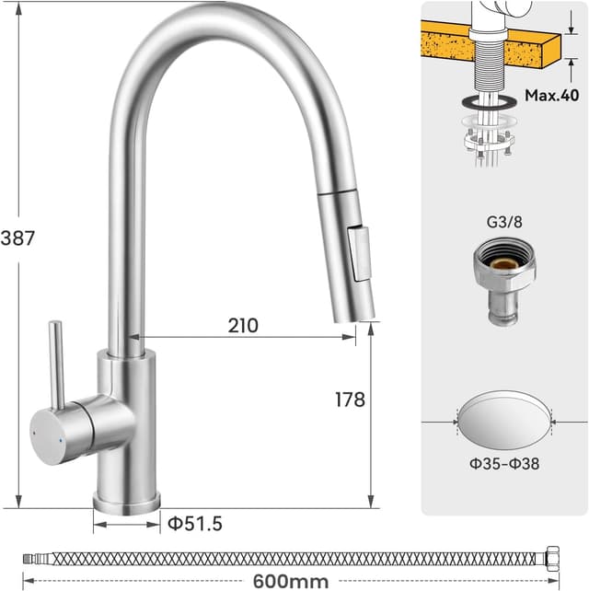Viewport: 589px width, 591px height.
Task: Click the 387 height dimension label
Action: tap(17, 238)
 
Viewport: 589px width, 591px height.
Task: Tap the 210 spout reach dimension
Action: tap(243, 326)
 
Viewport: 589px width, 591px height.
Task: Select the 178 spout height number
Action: tap(350, 400)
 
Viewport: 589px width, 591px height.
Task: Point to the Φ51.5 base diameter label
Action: tap(195, 524)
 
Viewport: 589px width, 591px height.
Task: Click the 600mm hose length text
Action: tap(291, 581)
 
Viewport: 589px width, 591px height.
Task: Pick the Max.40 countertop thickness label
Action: tap(551, 95)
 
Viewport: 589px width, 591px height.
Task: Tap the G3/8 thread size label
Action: tap(504, 222)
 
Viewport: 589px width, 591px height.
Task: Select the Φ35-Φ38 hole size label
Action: tap(504, 463)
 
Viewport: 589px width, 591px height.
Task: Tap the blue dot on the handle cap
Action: tap(61, 440)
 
